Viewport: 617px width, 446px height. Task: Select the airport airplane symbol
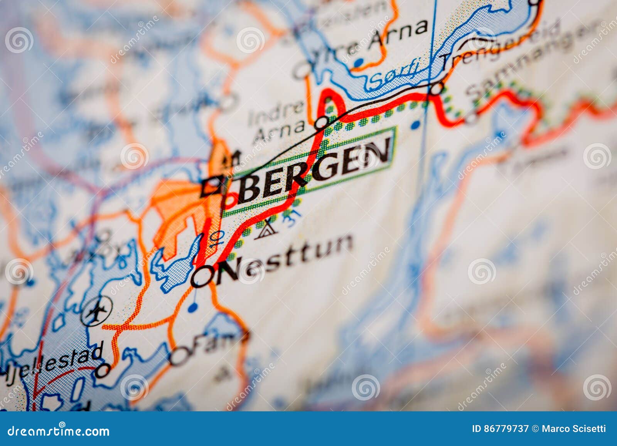96,310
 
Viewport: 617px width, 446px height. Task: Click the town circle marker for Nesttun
202,276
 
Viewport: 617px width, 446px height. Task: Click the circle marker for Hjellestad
103,371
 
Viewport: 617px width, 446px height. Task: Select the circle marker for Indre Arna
322,123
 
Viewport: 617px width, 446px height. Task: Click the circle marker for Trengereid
437,89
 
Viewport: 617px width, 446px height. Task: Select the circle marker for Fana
180,356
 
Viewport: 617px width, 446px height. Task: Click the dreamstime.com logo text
59,431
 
